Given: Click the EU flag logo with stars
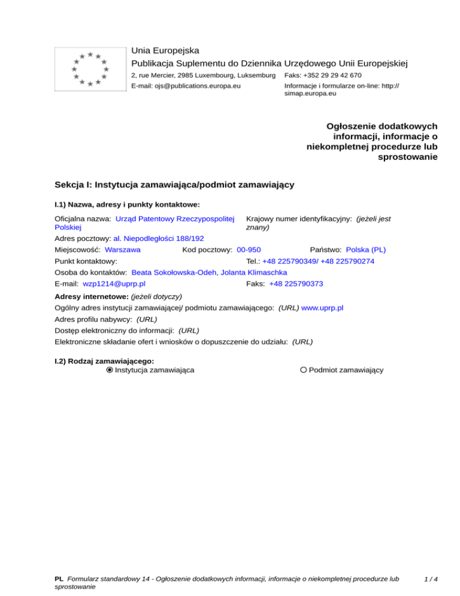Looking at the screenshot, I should pos(90,69).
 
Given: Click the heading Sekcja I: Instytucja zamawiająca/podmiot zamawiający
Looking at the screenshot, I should pos(174,185).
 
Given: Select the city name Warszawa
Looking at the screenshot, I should pos(123,249).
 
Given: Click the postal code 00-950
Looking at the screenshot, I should pos(249,249).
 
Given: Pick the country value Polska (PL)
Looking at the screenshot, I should pos(366,249).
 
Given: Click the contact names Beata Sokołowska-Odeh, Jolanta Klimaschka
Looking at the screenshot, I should pos(205,272).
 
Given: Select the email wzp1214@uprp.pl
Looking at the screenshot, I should pos(114,284).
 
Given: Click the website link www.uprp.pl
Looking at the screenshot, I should pos(322,308).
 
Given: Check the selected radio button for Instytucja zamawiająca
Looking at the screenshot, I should pos(110,370).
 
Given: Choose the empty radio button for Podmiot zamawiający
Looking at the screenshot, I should pos(304,370).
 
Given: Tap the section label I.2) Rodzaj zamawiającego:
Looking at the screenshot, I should pos(104,361).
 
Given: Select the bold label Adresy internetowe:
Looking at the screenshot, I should pos(91,296).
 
